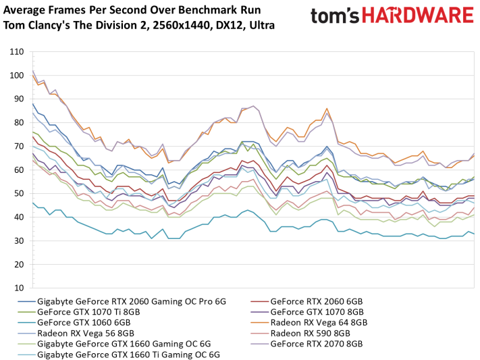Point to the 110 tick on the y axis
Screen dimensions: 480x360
[16, 52]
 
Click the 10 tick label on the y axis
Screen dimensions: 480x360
[19, 288]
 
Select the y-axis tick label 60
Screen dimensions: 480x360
[19, 170]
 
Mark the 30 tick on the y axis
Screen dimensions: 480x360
[19, 241]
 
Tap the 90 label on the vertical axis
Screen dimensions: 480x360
[19, 99]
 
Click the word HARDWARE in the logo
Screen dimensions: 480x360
[418, 16]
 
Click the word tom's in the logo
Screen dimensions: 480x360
[335, 16]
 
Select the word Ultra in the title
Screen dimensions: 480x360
[262, 26]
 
